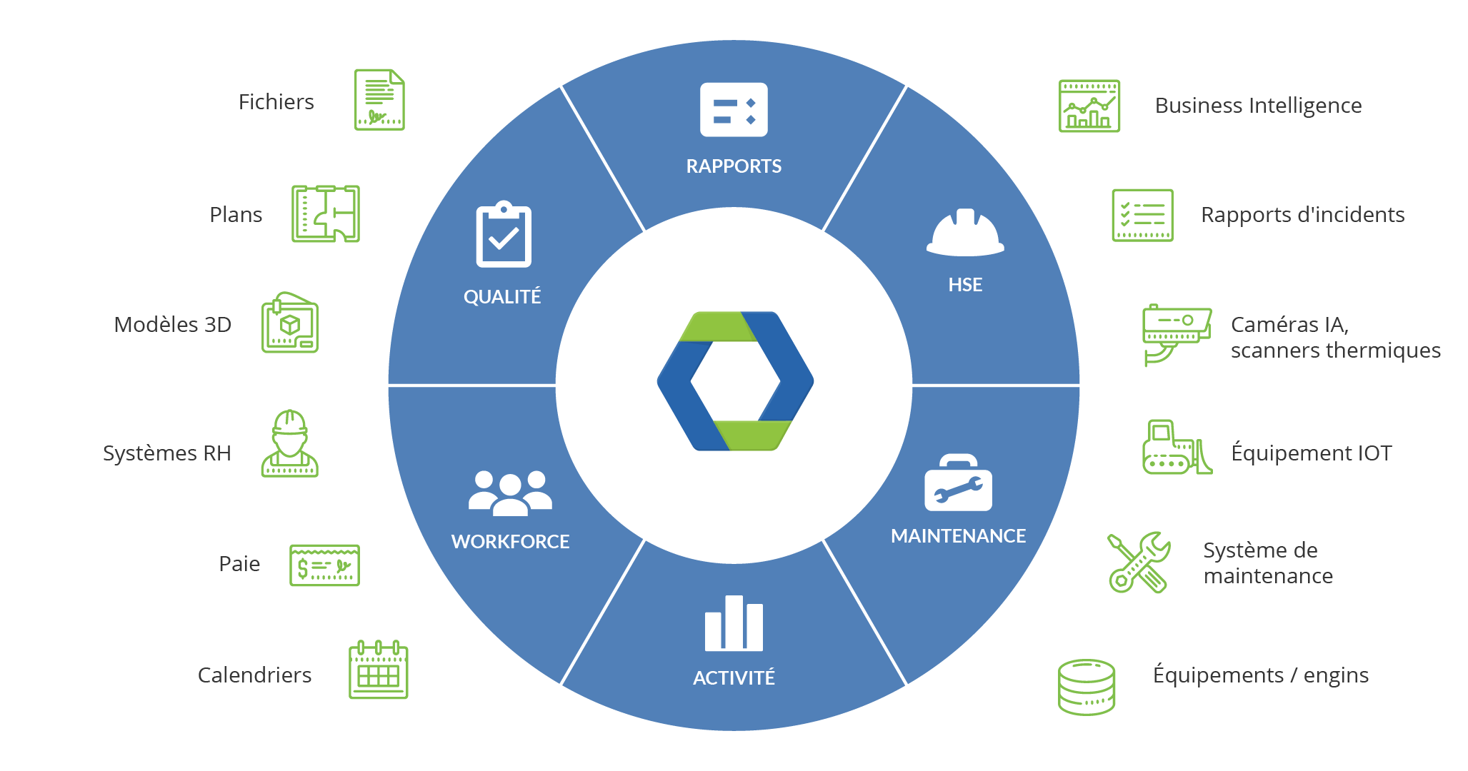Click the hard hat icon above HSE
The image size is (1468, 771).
tap(965, 233)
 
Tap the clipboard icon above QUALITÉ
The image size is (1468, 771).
tap(504, 234)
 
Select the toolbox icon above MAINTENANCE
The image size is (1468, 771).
tap(958, 483)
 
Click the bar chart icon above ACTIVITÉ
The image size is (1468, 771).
tap(734, 623)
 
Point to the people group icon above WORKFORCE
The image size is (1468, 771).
tap(510, 493)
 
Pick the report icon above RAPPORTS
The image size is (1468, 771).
tap(734, 110)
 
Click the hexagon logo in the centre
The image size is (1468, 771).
tap(735, 381)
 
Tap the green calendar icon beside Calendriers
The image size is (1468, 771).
tap(378, 670)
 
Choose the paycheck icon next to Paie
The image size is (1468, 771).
tap(324, 565)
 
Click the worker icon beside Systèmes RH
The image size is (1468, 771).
tap(289, 443)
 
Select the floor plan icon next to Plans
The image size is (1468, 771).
tap(325, 214)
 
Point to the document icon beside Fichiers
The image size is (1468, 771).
tap(379, 100)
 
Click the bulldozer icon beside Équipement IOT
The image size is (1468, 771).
tap(1177, 448)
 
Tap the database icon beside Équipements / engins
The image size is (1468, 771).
tap(1086, 687)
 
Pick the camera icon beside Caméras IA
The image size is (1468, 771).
tap(1177, 334)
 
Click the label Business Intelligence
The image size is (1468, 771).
tap(1258, 106)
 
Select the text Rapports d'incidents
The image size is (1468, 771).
tap(1302, 215)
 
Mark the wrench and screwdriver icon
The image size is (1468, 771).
tap(1139, 563)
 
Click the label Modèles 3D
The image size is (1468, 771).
tap(173, 325)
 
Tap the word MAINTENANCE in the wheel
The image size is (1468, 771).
tap(958, 536)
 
